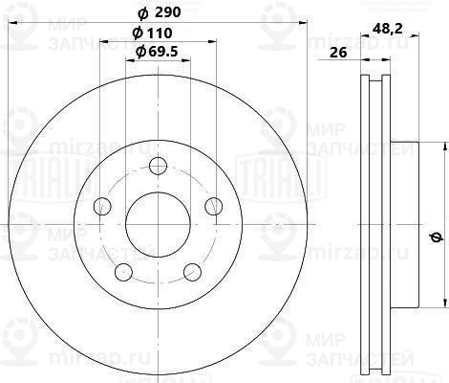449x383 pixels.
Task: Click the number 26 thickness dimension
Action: [337, 53]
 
